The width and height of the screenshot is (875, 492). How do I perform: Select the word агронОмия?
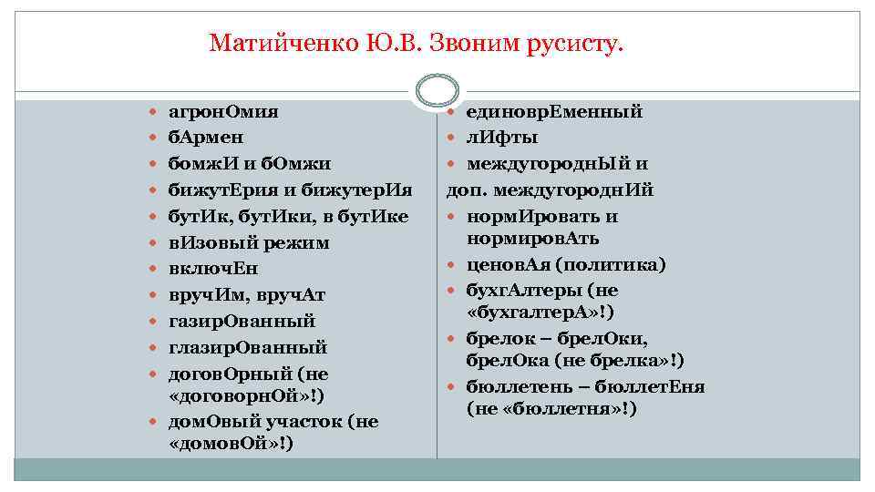click(x=223, y=112)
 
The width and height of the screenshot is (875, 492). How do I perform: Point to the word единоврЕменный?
click(x=554, y=112)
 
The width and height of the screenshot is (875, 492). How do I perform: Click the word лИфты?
click(x=501, y=138)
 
